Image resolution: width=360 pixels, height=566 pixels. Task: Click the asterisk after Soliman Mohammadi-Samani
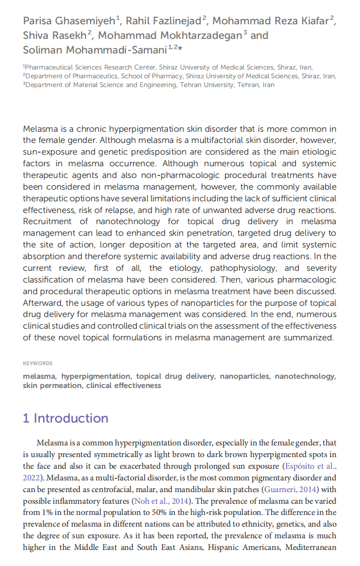[x=180, y=48]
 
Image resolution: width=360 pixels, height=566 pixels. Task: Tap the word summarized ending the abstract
[x=309, y=338]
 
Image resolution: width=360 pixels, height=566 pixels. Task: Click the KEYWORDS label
[x=37, y=363]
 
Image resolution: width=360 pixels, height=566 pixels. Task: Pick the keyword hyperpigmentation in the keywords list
[x=96, y=376]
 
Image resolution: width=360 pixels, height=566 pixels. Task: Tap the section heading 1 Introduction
[x=66, y=419]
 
